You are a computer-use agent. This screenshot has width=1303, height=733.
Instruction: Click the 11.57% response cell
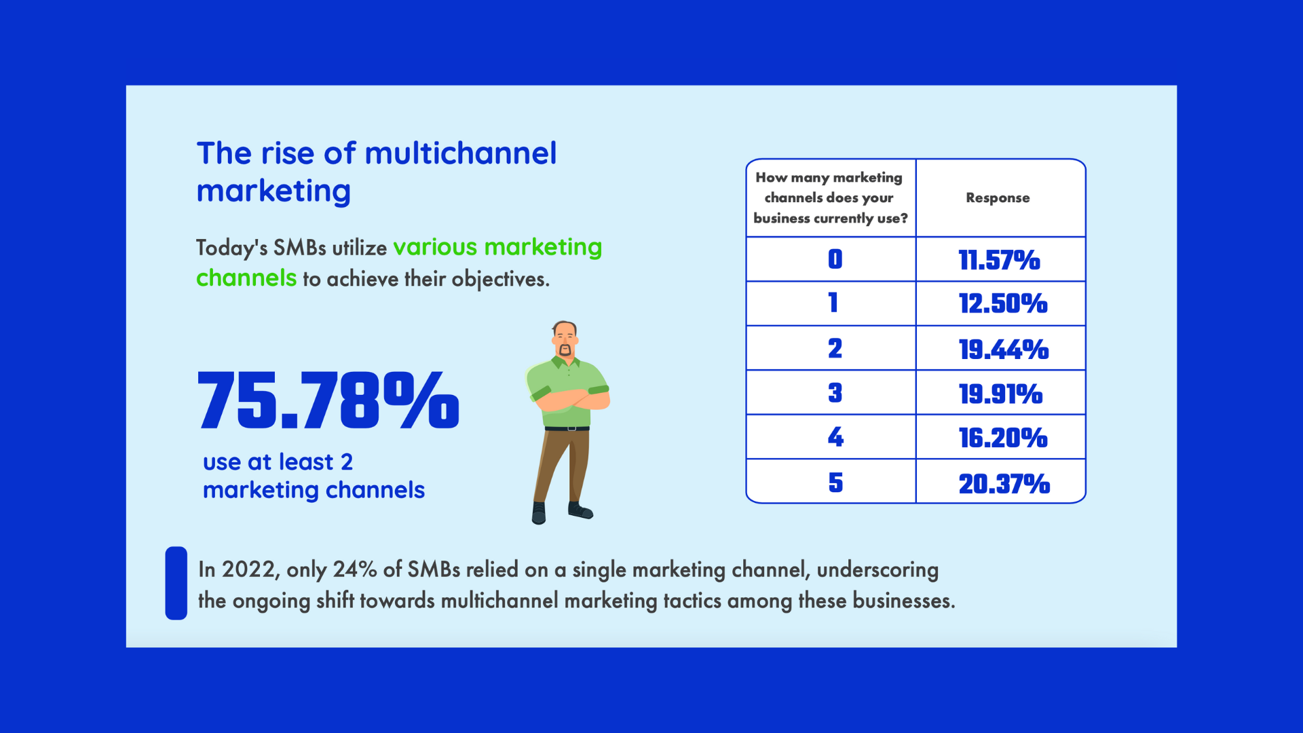click(x=999, y=260)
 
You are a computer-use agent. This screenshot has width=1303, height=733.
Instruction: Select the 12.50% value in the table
click(x=1002, y=303)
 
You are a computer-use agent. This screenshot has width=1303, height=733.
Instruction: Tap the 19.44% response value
click(x=1003, y=350)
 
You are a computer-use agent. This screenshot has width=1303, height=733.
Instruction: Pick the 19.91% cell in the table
click(x=1000, y=394)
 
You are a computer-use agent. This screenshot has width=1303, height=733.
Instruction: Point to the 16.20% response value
click(x=1002, y=438)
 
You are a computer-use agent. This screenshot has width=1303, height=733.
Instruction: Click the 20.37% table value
click(x=1004, y=484)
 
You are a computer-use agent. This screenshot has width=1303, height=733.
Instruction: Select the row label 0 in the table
click(x=835, y=259)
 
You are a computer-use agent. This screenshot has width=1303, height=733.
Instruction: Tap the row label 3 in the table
click(x=835, y=392)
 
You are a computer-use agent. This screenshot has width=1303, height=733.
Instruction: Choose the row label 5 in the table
click(x=835, y=483)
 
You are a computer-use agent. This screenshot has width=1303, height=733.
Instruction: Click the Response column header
click(x=998, y=198)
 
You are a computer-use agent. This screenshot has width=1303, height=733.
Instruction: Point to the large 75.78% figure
click(x=328, y=400)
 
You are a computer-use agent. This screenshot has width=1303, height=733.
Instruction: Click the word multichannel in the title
click(x=461, y=153)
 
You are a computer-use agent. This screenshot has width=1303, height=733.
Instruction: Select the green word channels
click(x=246, y=278)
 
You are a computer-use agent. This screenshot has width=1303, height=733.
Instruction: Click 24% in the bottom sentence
click(x=354, y=569)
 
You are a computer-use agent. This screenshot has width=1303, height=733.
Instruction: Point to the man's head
click(x=565, y=338)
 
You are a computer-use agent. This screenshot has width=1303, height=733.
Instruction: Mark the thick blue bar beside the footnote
click(x=176, y=583)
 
